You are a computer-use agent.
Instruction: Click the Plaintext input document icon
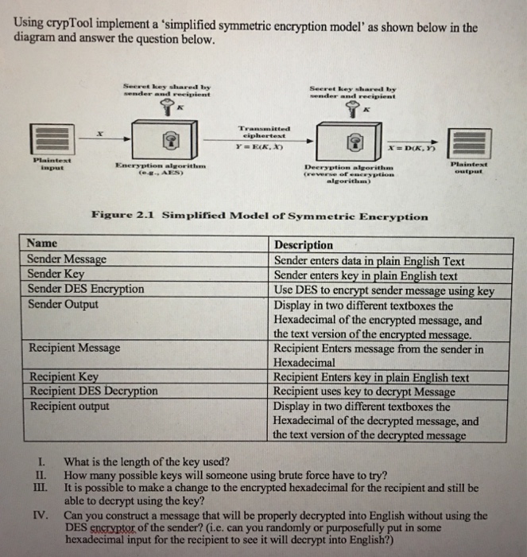pos(45,141)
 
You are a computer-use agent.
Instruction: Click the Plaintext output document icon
pos(471,141)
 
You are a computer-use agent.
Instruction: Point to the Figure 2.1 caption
pos(259,216)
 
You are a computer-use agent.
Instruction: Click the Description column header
pos(303,245)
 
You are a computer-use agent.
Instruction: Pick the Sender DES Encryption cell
pos(86,289)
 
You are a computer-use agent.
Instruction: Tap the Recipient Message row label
pos(74,348)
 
